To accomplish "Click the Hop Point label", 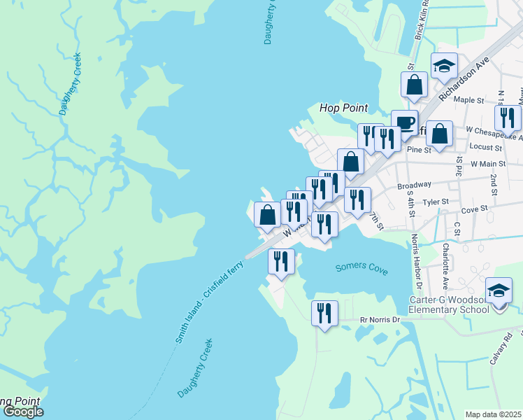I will [343, 108].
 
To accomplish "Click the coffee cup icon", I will [403, 122].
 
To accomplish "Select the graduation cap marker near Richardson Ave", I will [444, 66].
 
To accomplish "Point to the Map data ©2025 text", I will [494, 414].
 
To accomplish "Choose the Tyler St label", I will [436, 202].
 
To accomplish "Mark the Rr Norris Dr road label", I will [379, 320].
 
